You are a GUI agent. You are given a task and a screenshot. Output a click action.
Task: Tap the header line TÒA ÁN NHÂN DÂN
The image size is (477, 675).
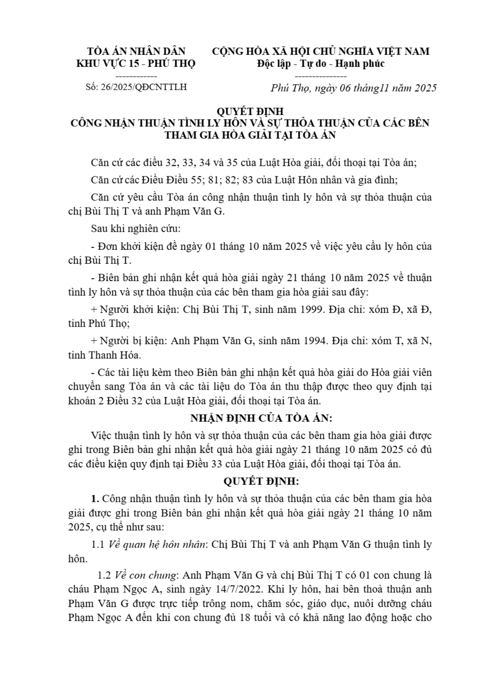coord(136,51)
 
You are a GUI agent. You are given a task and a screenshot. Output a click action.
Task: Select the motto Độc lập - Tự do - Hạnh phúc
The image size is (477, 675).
coord(320,63)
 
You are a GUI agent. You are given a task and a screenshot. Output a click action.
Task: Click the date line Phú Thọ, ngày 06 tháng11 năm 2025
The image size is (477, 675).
coord(353,88)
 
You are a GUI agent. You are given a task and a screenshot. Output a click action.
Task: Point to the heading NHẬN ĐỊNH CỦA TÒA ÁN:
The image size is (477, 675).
coord(261,418)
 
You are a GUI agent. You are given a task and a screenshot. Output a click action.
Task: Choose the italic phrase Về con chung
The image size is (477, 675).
coord(146,575)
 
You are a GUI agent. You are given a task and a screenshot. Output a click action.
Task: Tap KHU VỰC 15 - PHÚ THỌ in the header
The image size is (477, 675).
coord(136,63)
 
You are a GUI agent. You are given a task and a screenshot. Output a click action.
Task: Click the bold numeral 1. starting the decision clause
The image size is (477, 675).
coord(95,499)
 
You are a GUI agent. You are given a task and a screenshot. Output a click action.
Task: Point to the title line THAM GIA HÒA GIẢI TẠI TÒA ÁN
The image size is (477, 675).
coord(251,135)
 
